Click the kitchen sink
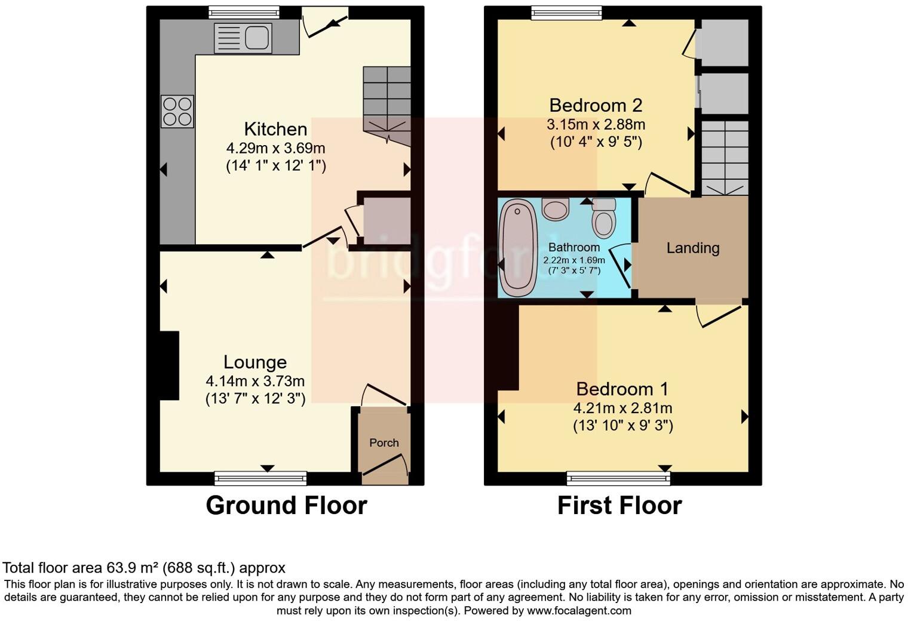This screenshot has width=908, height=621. point(243,38)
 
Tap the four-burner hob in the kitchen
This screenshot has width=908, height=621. point(177,112)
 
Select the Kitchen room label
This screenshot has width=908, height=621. point(275,129)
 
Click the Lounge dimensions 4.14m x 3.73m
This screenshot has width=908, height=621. point(255,381)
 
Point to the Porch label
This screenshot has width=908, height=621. point(384,442)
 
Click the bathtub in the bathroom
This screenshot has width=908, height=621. point(518,248)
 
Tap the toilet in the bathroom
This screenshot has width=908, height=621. point(603,219)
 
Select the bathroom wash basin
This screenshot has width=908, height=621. point(556,208)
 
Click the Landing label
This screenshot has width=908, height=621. point(692,248)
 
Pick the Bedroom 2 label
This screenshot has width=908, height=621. point(596,106)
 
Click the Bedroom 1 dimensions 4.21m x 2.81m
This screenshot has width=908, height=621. point(622,408)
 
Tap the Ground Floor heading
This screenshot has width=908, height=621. point(286,505)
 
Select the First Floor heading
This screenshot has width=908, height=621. point(619,505)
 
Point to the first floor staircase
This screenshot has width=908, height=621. point(725,156)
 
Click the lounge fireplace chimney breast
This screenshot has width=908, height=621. point(169,365)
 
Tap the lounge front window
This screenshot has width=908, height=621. point(260,478)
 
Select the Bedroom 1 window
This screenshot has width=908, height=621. point(618,478)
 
